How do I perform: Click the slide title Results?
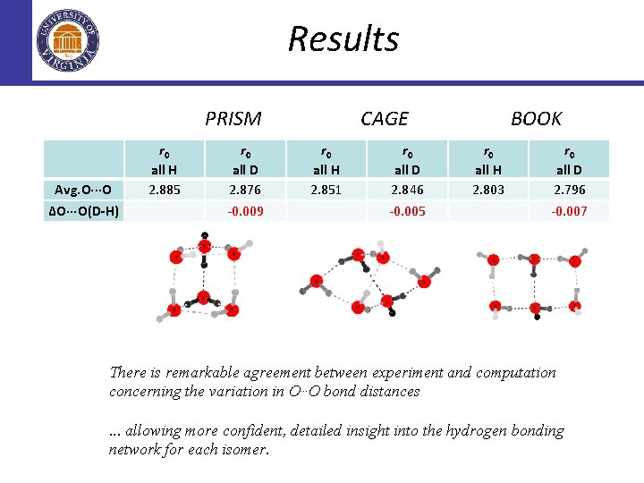pyautogui.click(x=343, y=39)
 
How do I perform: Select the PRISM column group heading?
pyautogui.click(x=233, y=118)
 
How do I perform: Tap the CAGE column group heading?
pyautogui.click(x=384, y=118)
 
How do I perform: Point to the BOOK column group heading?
pyautogui.click(x=536, y=118)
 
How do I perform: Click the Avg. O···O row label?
pyautogui.click(x=82, y=190)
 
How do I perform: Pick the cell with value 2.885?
pyautogui.click(x=163, y=189)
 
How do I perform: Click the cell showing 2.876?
pyautogui.click(x=244, y=189)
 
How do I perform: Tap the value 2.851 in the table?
pyautogui.click(x=326, y=189)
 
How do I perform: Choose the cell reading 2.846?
pyautogui.click(x=407, y=189)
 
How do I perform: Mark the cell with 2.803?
pyautogui.click(x=488, y=189)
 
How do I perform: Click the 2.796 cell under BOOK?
pyautogui.click(x=569, y=189)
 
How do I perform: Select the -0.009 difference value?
pyautogui.click(x=244, y=211)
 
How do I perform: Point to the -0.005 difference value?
pyautogui.click(x=407, y=211)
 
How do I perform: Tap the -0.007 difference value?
pyautogui.click(x=569, y=211)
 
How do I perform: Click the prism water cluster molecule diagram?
pyautogui.click(x=204, y=276)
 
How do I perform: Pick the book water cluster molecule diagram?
pyautogui.click(x=535, y=282)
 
